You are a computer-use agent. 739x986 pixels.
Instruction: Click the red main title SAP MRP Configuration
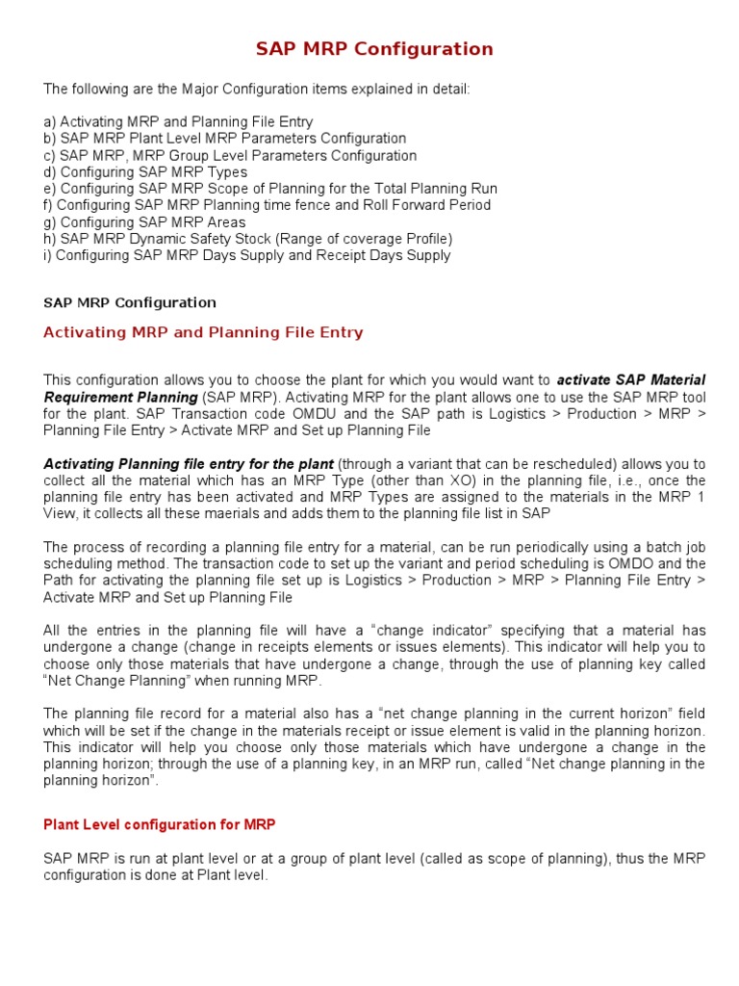click(x=374, y=49)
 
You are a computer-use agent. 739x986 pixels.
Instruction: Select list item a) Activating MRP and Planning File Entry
click(x=178, y=121)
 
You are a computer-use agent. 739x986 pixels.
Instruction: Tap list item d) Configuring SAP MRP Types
click(x=145, y=171)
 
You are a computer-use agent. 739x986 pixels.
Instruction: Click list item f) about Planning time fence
click(x=267, y=205)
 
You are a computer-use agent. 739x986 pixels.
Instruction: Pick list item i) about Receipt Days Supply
click(x=246, y=255)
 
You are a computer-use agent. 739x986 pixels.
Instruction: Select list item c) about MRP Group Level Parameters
click(x=230, y=155)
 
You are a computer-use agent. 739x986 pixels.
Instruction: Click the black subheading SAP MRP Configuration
click(x=130, y=302)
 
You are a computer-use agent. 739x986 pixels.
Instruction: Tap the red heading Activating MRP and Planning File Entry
click(x=203, y=332)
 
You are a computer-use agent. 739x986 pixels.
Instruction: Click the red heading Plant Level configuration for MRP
click(x=160, y=824)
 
